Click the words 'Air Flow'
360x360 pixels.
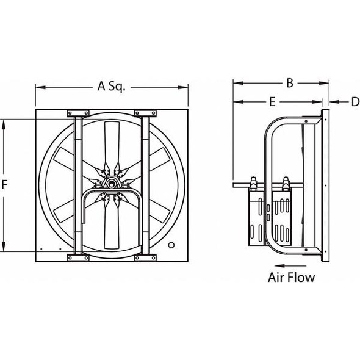[292, 278]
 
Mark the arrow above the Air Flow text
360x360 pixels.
[287, 265]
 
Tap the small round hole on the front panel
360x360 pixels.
[171, 245]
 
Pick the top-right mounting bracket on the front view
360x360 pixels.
[145, 113]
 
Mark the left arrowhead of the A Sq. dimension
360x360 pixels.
[38, 87]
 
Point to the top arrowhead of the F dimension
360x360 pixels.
[6, 122]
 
